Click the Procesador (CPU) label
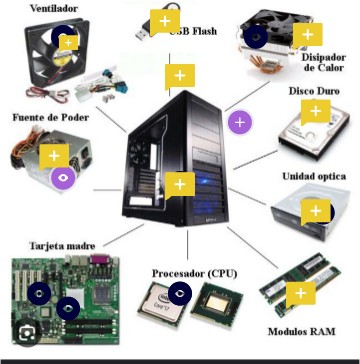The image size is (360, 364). [194, 272]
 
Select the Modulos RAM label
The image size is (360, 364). [299, 331]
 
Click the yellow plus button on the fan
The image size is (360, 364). [67, 42]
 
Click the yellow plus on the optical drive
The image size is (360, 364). [316, 211]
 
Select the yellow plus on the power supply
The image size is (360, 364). [53, 156]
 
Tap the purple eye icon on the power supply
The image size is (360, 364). [63, 180]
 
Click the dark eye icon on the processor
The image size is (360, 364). [180, 292]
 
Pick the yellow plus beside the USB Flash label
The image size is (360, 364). [161, 20]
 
